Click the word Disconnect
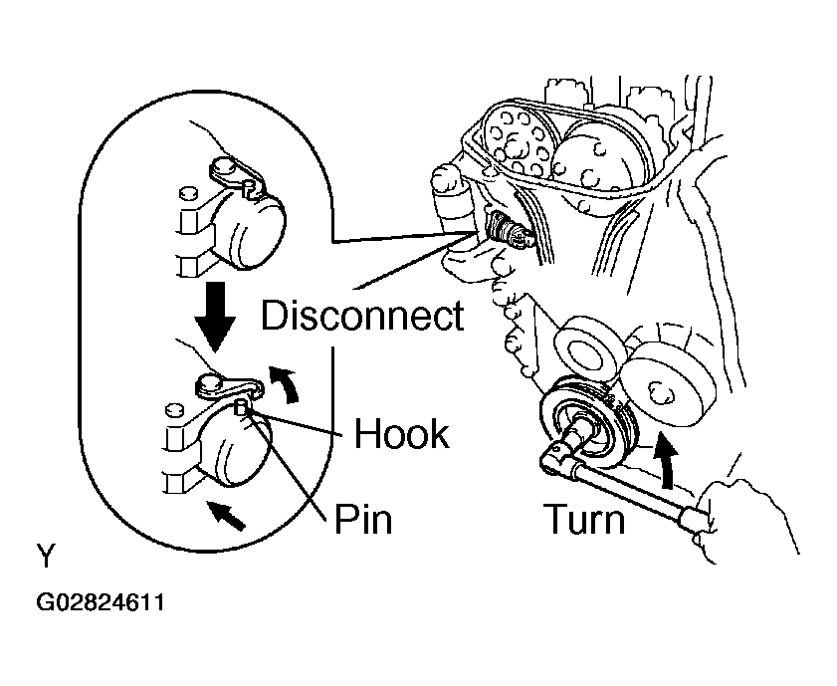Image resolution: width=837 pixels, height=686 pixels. (362, 316)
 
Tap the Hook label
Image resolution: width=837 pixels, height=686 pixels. (402, 433)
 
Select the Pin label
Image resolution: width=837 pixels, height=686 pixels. (363, 519)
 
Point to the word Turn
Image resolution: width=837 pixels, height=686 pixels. (584, 519)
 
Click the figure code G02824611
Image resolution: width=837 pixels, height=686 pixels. (101, 602)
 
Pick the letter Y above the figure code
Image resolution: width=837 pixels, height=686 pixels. (46, 557)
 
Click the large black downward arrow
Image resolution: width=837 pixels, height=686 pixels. (215, 317)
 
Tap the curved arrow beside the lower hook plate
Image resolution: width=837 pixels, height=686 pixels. (285, 382)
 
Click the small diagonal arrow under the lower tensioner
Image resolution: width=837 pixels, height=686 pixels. (226, 515)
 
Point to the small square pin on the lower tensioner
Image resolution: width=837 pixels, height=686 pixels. (241, 408)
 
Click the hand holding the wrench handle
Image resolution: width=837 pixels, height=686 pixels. (747, 519)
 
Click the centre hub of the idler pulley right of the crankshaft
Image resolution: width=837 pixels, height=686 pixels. (657, 393)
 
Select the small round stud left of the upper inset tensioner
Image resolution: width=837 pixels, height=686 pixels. (187, 193)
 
